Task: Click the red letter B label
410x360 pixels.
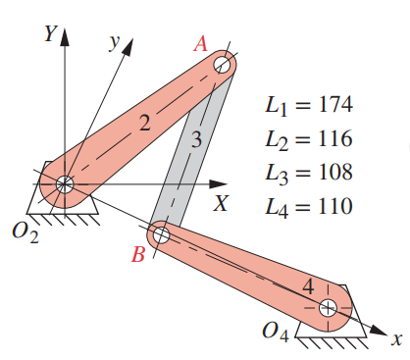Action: pyautogui.click(x=138, y=256)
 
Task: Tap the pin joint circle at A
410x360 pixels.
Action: pyautogui.click(x=224, y=66)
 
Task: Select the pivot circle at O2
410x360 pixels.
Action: pyautogui.click(x=65, y=183)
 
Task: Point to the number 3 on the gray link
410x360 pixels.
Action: pyautogui.click(x=196, y=140)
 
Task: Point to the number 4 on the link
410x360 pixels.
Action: pyautogui.click(x=309, y=288)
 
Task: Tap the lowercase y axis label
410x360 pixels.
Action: pyautogui.click(x=115, y=43)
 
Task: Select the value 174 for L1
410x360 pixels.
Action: pyautogui.click(x=329, y=104)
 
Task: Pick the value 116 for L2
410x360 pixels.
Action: pyautogui.click(x=329, y=138)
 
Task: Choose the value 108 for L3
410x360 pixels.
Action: pyautogui.click(x=329, y=173)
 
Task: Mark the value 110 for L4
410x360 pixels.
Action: pyautogui.click(x=329, y=207)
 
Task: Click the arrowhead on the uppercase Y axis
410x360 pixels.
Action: pyautogui.click(x=66, y=37)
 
